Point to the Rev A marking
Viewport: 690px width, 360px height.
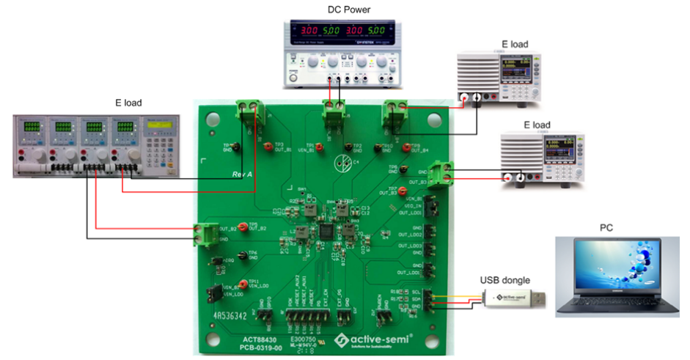tap(246, 174)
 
